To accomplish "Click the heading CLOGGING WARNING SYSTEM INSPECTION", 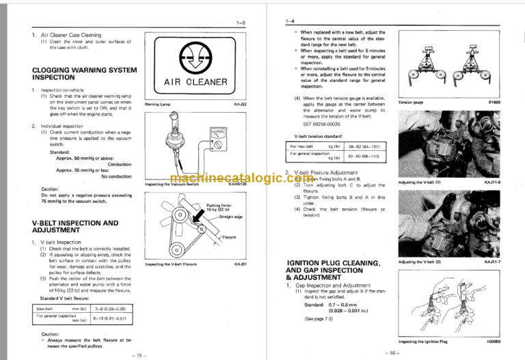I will point(85,74).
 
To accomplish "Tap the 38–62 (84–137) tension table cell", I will point(365,147).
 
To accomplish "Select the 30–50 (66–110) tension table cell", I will point(365,156).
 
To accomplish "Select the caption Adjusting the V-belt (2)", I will point(420,262).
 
